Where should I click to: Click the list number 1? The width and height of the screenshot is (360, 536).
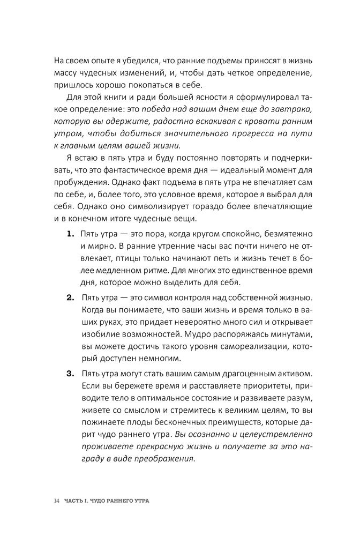coord(70,234)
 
